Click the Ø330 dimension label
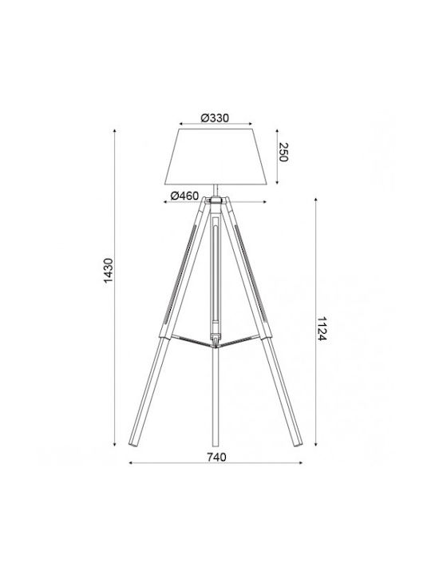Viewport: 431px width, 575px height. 215,118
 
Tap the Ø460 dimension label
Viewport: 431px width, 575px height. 184,196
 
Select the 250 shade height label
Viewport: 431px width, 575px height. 283,152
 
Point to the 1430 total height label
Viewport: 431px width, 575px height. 109,271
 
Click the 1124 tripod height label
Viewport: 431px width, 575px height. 322,328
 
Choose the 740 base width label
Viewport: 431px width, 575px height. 216,458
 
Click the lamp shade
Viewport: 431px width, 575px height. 215,157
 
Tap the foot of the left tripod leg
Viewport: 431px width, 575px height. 133,443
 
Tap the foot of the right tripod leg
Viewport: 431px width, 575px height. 298,443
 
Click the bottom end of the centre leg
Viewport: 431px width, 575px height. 215,445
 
